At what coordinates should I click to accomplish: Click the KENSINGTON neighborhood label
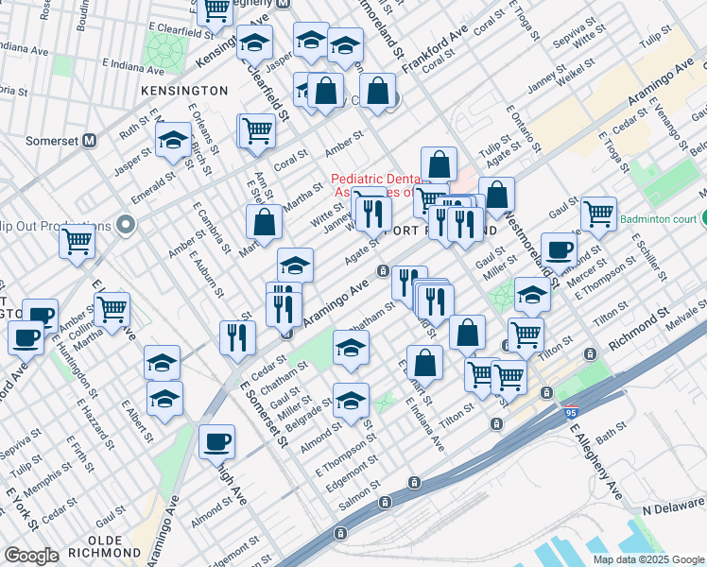coord(184,91)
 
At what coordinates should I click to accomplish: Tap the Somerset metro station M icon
coord(91,140)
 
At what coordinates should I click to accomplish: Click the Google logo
coord(31,556)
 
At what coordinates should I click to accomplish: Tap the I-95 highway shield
coord(570,413)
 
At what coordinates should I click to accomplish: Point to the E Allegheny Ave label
coord(595,462)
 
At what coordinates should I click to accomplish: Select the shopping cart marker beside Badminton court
coord(599,214)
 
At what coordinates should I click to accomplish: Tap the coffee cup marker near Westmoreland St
coord(559,249)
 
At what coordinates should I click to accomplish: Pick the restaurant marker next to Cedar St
coord(237,337)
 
